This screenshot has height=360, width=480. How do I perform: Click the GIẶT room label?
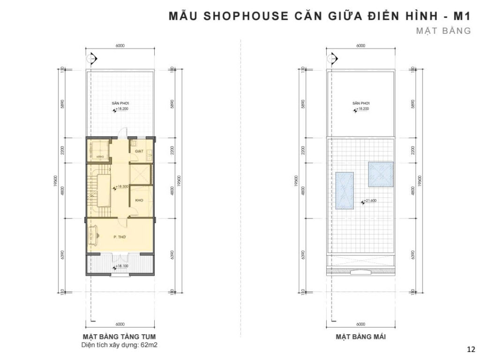pos(139,152)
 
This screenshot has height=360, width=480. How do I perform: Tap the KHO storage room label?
pos(139,201)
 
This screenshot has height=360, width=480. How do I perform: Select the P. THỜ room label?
pos(120,238)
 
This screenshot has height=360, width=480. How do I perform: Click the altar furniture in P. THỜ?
pos(92,237)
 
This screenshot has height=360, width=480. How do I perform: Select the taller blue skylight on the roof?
pos(345,191)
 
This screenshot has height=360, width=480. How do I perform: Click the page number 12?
pos(470,349)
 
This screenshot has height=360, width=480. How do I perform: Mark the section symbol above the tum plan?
pos(93,57)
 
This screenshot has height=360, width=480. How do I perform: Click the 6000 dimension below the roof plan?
pos(360,324)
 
